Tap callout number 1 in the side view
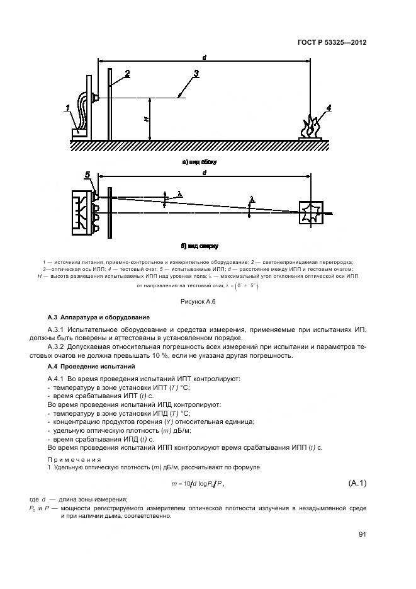[67, 109]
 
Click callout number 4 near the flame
[328, 107]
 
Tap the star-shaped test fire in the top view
[312, 213]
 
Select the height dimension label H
[146, 119]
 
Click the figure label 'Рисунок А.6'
[198, 302]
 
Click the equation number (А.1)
[357, 483]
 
